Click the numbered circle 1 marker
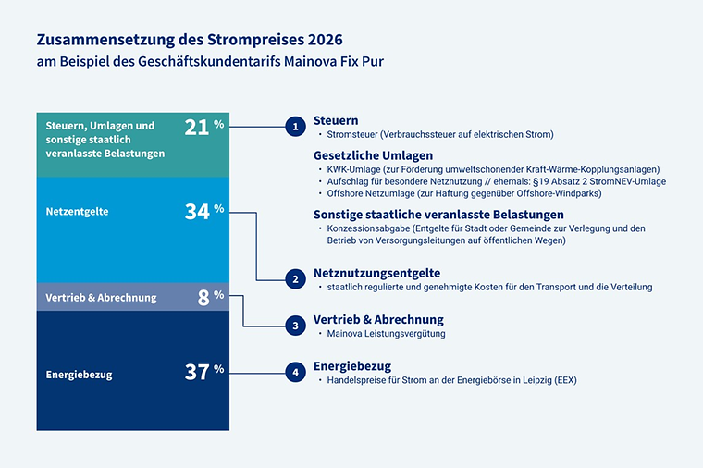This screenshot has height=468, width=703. (295, 126)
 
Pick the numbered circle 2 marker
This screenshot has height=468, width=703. (295, 278)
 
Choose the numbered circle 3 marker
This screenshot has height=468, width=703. (295, 325)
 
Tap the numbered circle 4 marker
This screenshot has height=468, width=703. (295, 372)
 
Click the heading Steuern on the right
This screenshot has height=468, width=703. (336, 120)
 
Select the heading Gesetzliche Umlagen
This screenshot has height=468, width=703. (373, 154)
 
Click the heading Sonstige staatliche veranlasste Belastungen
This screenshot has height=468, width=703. (438, 214)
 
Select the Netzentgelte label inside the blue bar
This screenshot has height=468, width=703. (77, 212)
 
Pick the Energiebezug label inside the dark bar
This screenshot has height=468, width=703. (79, 375)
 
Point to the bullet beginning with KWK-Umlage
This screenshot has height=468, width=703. (493, 169)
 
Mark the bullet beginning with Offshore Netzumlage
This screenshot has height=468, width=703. (464, 193)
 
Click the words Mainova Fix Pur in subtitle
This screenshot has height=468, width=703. (338, 62)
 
